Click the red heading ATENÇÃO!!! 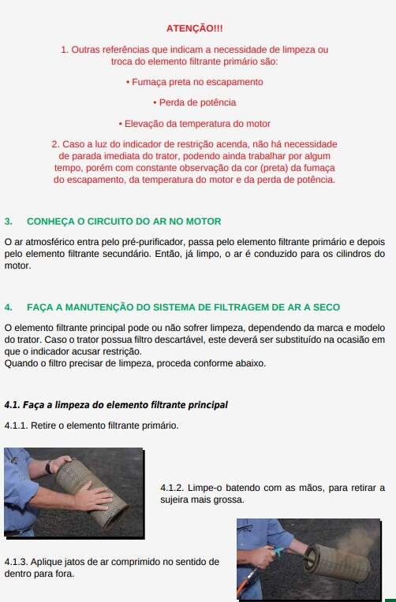point(195,28)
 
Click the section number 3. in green point(9,221)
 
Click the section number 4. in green point(9,307)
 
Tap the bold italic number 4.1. point(13,405)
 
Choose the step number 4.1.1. point(16,425)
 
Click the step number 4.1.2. point(172,488)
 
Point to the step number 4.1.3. point(16,562)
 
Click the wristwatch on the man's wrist point(48,467)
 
